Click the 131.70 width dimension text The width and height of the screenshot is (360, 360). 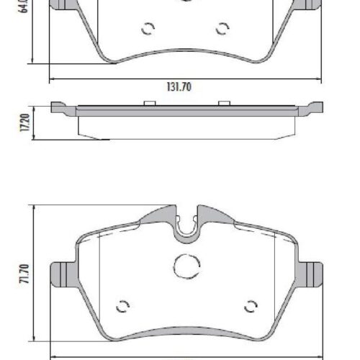pos(180,88)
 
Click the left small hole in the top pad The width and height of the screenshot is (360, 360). pos(149,29)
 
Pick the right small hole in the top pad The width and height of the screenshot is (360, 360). pos(222,29)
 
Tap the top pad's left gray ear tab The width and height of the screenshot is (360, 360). pos(63,5)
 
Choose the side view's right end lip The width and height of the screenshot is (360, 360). pos(310,109)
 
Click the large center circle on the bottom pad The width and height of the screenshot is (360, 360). pos(186,266)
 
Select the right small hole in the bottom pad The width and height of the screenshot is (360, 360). pos(251,304)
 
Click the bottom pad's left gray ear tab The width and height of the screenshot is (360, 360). pos(62,274)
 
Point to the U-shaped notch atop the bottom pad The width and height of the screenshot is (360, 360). pos(186,226)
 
